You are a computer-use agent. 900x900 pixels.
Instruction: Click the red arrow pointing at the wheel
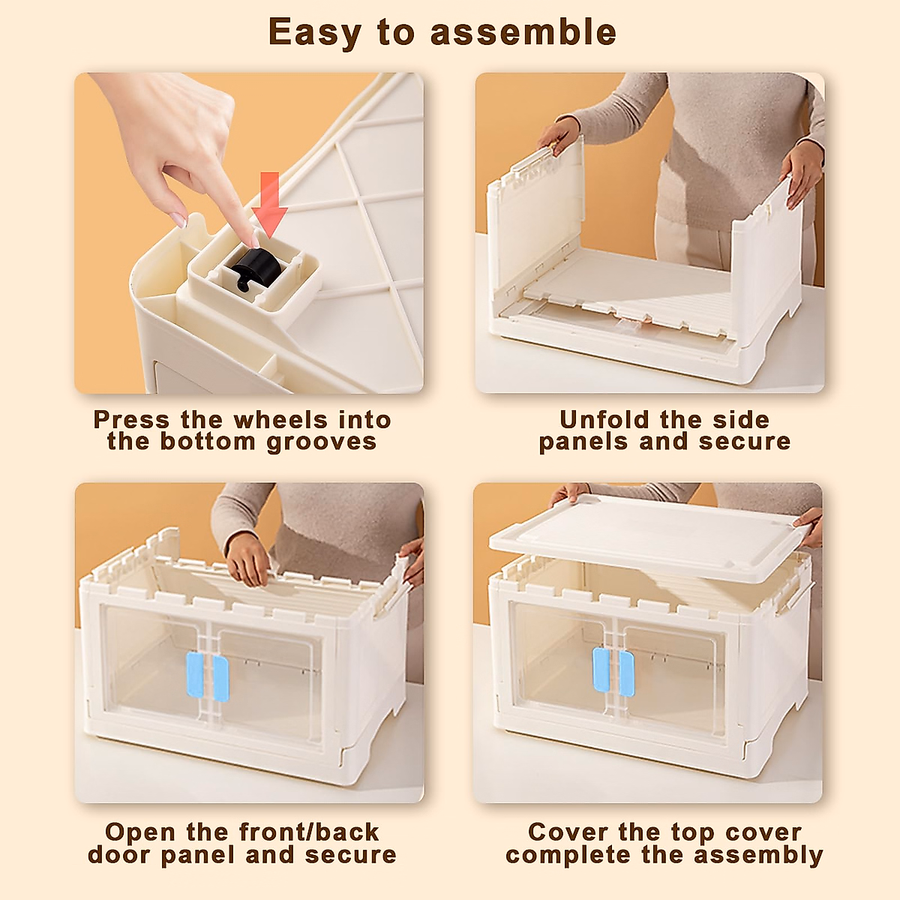tap(269, 202)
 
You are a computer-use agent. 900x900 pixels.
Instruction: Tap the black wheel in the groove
tap(254, 268)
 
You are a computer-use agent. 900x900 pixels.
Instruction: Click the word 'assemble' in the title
tap(523, 31)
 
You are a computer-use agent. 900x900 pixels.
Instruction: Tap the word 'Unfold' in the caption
tap(604, 419)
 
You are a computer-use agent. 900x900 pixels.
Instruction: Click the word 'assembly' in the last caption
tap(758, 854)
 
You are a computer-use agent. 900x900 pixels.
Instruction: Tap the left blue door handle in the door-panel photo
tap(195, 676)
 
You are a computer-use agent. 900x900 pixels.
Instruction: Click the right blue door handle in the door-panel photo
tap(220, 679)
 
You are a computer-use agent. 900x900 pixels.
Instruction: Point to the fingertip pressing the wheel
tap(254, 241)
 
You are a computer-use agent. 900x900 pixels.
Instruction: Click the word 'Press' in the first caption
tap(131, 419)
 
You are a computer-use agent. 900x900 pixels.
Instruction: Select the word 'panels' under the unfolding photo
tap(583, 441)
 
